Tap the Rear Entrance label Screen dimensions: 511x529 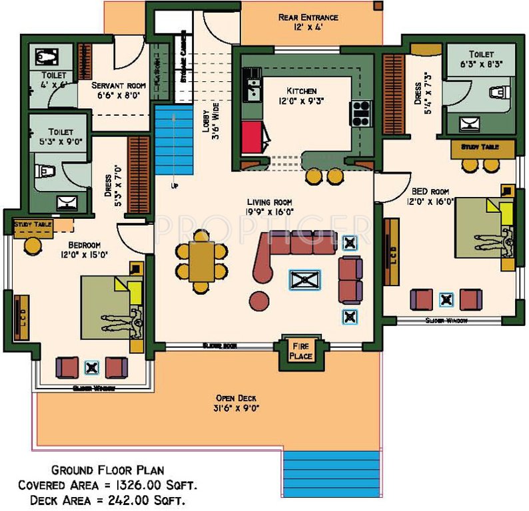coord(308,17)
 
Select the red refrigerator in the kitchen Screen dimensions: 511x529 coord(252,138)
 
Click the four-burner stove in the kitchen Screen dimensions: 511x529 coord(360,112)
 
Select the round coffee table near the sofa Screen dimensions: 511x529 coord(259,299)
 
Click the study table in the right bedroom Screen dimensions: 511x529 coord(483,149)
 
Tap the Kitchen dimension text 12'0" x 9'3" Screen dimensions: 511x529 coord(302,102)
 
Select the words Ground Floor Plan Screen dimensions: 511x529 coord(108,470)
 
